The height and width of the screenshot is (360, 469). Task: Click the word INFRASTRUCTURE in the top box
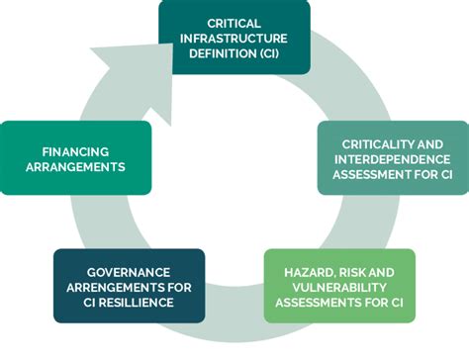pyautogui.click(x=234, y=38)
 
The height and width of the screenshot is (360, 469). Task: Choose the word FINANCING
pyautogui.click(x=75, y=151)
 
